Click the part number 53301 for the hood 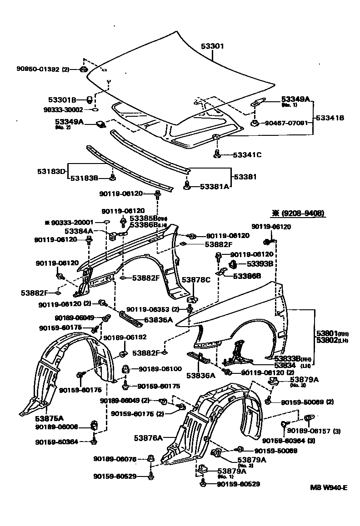(212, 46)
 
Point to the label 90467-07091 (285, 123)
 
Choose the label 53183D (51, 171)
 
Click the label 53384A (78, 231)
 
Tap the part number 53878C (196, 280)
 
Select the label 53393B (260, 263)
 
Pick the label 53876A (148, 438)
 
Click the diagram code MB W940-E (329, 488)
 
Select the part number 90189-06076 (115, 459)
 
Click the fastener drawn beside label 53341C (217, 154)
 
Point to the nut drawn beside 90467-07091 (255, 123)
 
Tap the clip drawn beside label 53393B (231, 263)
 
